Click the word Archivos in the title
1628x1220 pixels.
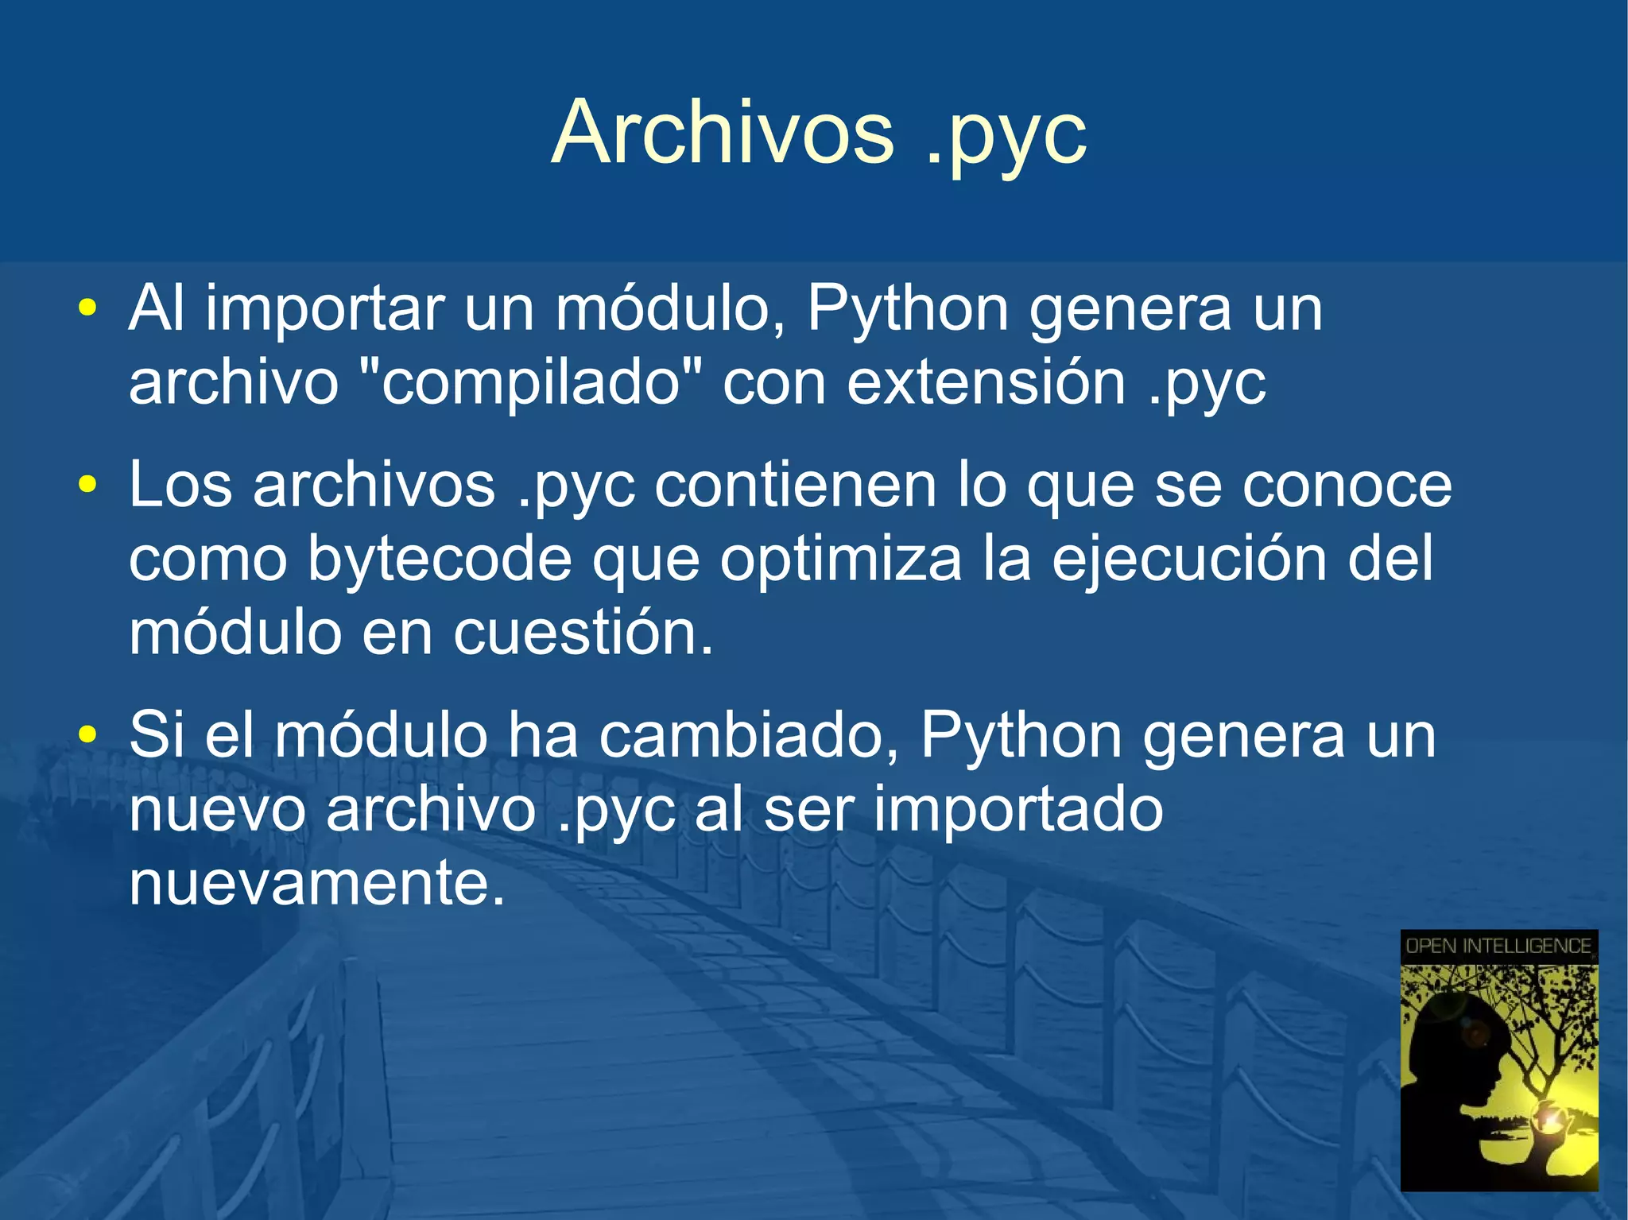722,133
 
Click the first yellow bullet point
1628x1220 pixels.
87,307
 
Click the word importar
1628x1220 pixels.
324,310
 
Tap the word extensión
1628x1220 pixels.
986,383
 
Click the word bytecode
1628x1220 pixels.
439,560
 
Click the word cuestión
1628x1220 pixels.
583,633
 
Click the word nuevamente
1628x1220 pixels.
316,883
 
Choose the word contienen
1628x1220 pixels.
796,485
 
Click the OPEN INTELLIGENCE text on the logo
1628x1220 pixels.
1498,946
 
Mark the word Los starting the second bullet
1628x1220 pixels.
180,485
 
